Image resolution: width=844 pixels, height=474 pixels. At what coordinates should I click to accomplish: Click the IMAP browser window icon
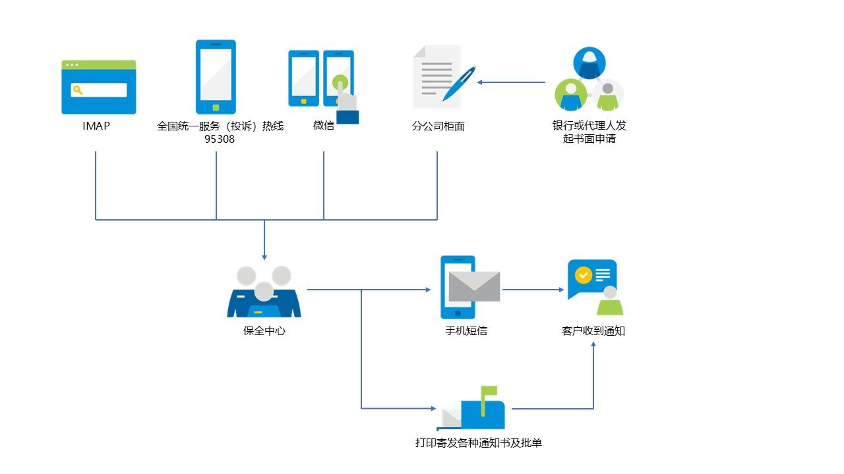99,87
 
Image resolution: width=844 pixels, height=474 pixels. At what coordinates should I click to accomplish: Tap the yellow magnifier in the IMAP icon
78,90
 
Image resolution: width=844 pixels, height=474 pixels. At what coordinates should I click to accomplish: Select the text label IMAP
96,126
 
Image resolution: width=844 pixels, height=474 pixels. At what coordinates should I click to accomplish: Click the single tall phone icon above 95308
216,77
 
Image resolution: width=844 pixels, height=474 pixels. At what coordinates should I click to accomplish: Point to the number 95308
220,140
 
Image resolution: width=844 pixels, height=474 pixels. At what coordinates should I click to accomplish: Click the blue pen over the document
460,83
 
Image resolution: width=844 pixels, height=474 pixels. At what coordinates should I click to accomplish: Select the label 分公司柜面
438,126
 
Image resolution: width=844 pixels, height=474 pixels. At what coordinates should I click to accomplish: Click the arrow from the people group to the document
511,82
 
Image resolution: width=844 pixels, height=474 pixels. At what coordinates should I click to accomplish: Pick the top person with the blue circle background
589,63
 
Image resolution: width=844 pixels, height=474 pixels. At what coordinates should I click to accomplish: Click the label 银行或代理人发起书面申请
589,132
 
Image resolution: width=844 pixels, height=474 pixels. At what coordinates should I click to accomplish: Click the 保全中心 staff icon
264,293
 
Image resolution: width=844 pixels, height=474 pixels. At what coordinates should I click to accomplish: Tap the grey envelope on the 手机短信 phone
474,286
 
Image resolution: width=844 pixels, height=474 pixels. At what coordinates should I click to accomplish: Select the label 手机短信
466,331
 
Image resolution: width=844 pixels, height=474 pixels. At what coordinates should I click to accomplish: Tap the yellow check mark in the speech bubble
583,275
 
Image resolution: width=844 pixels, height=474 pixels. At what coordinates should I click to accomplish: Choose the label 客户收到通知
593,331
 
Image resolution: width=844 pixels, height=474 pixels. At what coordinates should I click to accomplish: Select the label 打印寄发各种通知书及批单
479,443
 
